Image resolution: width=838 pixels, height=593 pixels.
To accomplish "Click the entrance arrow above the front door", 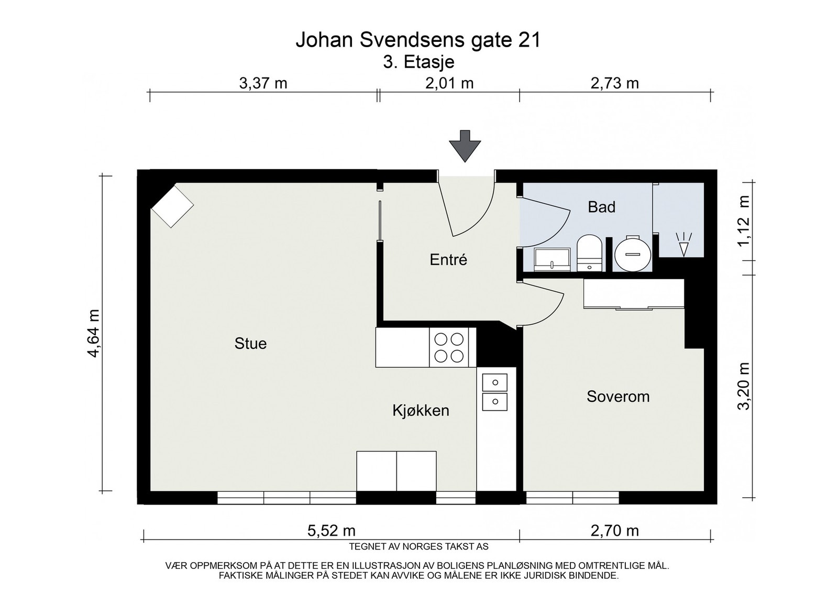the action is click(465, 146).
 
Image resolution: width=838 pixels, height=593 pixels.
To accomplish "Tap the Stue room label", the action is click(250, 344).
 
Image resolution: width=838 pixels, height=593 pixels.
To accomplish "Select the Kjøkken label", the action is click(421, 410).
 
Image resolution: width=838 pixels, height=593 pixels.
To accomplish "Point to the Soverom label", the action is click(618, 397).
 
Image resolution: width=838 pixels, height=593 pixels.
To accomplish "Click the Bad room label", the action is click(602, 207).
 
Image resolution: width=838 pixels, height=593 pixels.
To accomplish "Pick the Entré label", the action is click(448, 260).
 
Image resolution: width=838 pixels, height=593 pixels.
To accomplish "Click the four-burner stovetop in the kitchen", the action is click(449, 347).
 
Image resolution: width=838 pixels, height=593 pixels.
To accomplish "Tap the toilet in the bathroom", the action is click(589, 253).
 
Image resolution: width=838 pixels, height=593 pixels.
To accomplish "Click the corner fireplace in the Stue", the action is click(172, 205).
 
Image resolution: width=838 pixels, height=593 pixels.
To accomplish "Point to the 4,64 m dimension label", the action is click(94, 333).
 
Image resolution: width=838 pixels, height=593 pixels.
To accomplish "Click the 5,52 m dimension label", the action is click(331, 531).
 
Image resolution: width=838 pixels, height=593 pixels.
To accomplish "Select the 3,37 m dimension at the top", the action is click(263, 83).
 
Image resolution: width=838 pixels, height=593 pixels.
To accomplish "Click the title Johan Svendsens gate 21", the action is click(418, 40).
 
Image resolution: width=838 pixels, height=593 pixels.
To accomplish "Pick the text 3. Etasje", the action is click(418, 62).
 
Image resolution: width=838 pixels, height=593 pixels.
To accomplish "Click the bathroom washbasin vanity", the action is click(553, 259).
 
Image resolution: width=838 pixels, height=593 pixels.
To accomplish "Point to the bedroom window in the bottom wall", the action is click(572, 498).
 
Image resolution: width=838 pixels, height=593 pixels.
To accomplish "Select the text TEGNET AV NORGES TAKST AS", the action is click(418, 546).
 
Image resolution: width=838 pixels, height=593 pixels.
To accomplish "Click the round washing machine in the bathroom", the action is click(633, 254).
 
